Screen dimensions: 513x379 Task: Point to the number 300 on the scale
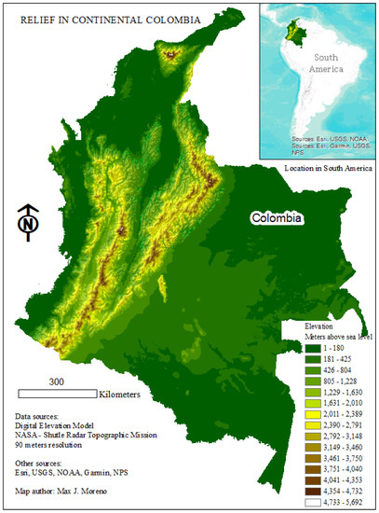(x=56, y=381)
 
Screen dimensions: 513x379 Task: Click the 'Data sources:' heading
(x=46, y=415)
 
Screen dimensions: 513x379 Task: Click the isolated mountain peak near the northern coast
(x=170, y=55)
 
